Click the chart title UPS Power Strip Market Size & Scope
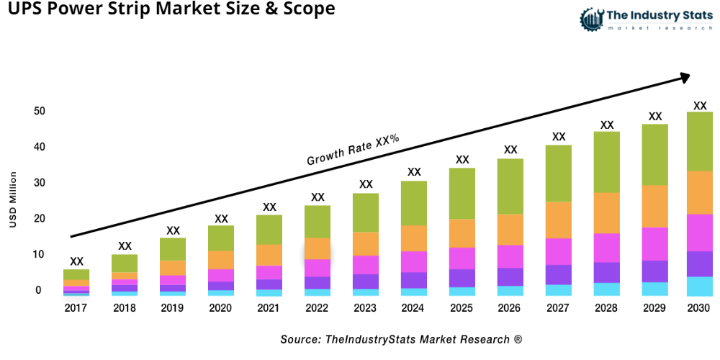(x=168, y=9)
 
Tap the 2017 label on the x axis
(x=76, y=308)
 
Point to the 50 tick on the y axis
(x=38, y=112)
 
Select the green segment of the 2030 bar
(x=700, y=141)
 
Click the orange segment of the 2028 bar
(x=607, y=213)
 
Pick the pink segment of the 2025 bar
(x=462, y=258)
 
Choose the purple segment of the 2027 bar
(x=559, y=274)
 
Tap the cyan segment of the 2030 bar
(x=700, y=286)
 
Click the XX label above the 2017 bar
(x=76, y=261)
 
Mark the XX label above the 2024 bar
(x=414, y=172)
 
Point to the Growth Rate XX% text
(x=353, y=150)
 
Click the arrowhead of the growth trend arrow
(x=684, y=76)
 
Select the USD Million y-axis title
(x=13, y=199)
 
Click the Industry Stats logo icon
(x=591, y=18)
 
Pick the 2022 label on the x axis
(x=318, y=308)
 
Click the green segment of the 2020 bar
(x=221, y=238)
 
